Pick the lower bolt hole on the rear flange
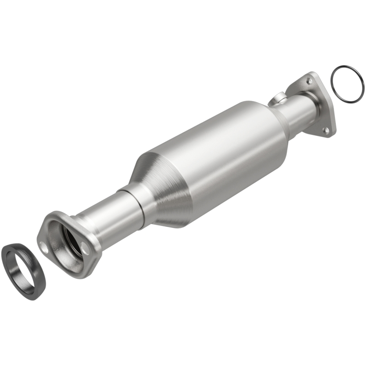pyautogui.click(x=326, y=130)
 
